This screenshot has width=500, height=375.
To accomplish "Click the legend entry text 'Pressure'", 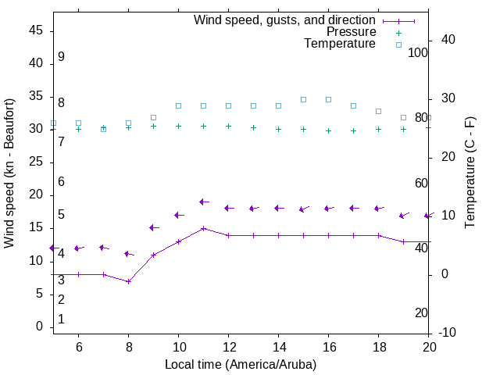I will [x=352, y=32].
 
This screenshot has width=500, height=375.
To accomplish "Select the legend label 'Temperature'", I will [x=340, y=44].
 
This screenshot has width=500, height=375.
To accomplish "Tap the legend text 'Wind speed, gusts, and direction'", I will [x=285, y=20].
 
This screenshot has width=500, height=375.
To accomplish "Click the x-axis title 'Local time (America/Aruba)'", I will [x=241, y=364].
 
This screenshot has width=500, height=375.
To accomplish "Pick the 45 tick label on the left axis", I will [x=35, y=30].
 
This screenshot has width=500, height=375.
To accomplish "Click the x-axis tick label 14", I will [x=278, y=347].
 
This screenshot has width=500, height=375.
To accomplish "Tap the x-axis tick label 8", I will [x=128, y=347].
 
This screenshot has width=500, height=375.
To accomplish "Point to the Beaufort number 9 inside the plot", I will [x=61, y=57].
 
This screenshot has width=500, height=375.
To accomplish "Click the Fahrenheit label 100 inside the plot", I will [x=418, y=52].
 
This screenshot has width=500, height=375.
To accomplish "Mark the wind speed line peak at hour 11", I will [x=203, y=228].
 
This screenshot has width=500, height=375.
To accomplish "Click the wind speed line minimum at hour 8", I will [x=128, y=281].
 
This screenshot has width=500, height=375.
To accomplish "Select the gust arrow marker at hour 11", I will [x=203, y=202].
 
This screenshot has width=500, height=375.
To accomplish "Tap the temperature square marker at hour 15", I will [x=303, y=99].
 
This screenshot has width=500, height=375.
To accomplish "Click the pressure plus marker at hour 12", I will [x=228, y=126].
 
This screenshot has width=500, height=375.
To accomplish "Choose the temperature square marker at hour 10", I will [x=178, y=105].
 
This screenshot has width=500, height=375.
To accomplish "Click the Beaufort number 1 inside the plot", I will [x=61, y=320].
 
